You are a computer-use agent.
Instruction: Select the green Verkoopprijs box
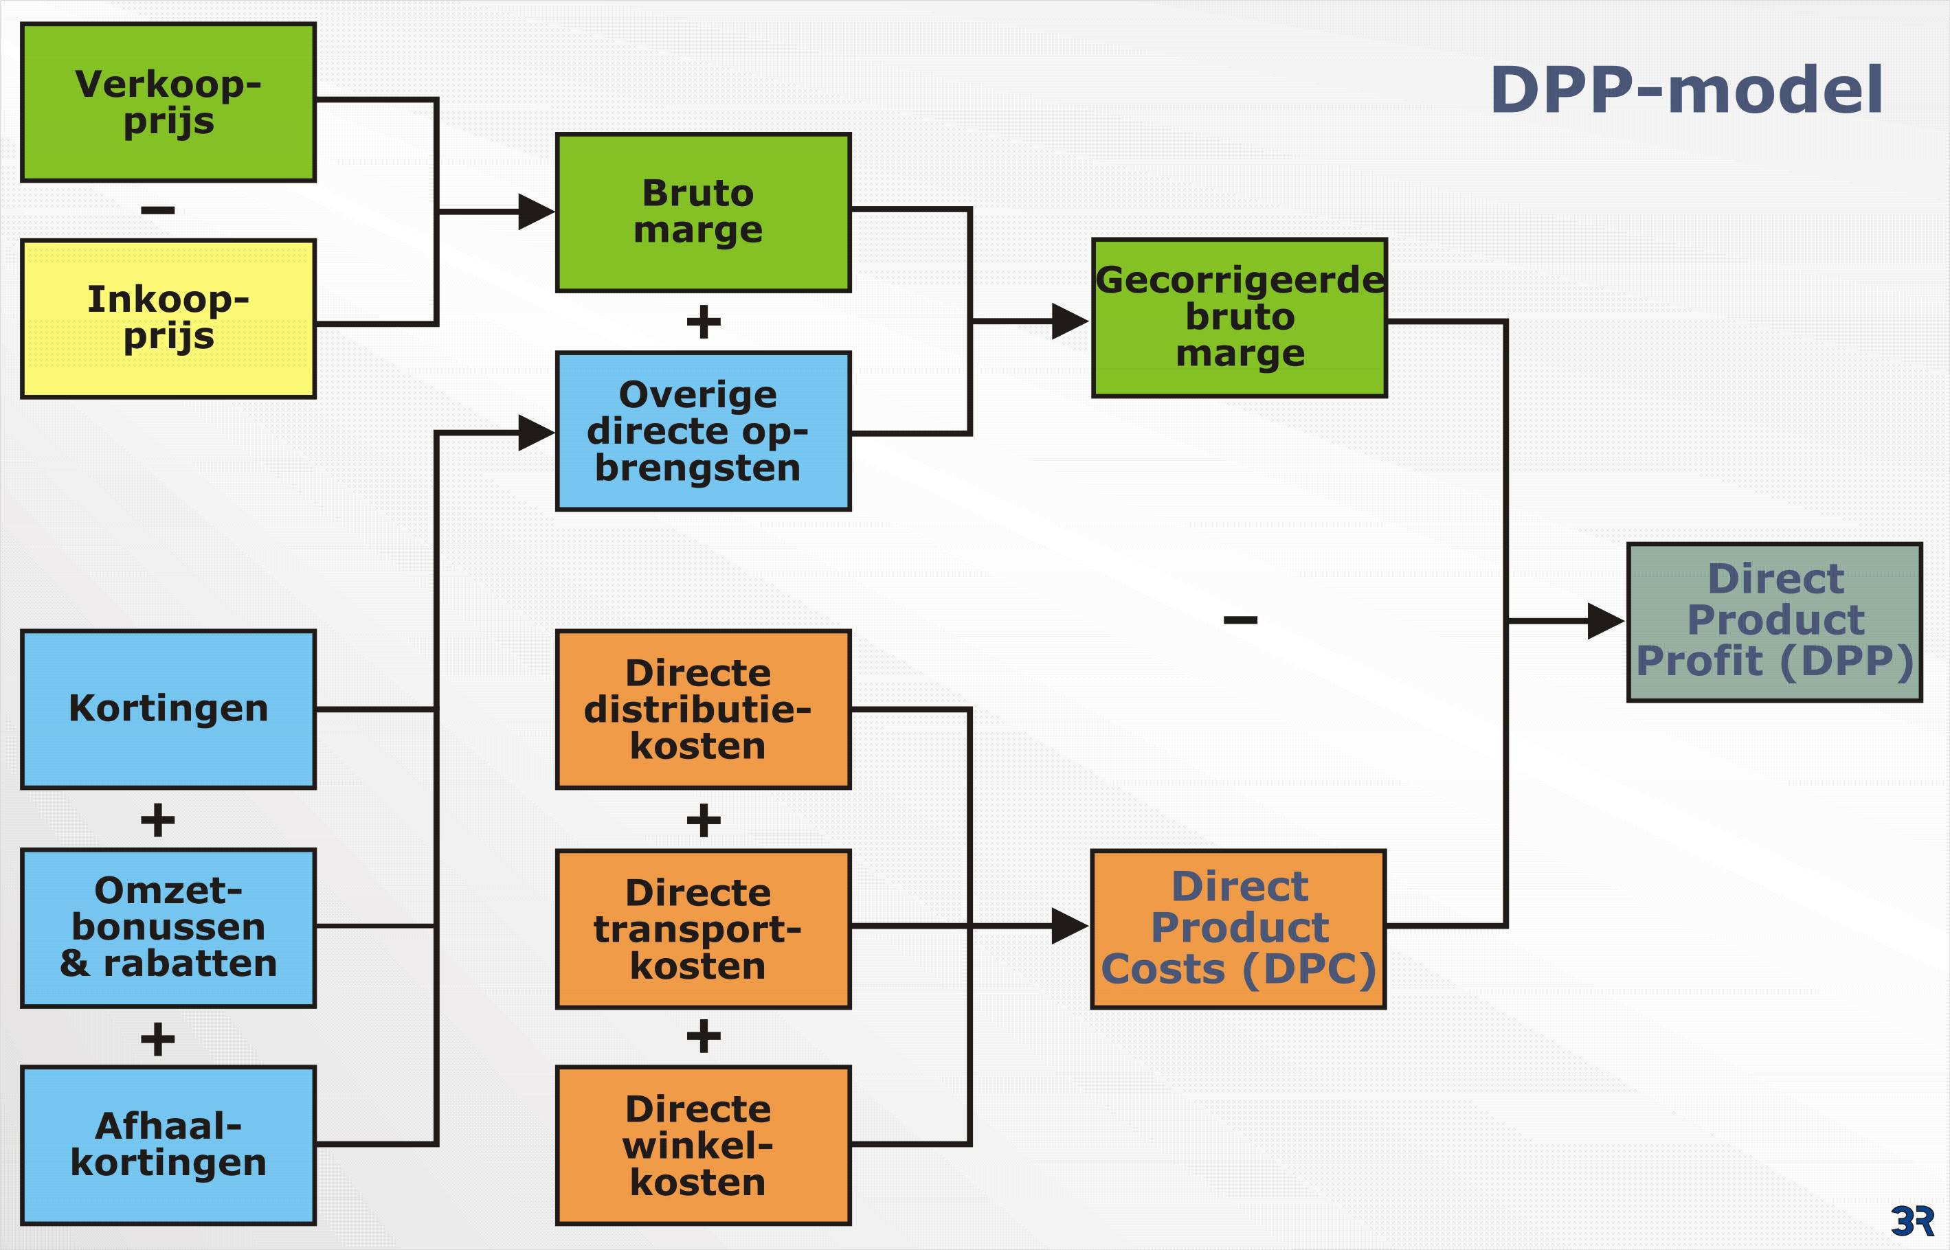[168, 102]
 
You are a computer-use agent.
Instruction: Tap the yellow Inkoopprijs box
[168, 318]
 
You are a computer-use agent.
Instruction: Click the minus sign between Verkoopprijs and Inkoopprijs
[157, 210]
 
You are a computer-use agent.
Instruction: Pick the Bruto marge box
[703, 213]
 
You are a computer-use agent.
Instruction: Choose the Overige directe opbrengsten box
[703, 431]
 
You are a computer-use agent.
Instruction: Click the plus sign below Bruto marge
[703, 321]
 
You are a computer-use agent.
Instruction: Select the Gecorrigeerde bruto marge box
[1239, 317]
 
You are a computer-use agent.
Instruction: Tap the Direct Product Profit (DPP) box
[1775, 622]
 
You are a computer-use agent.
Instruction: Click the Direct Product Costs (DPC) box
[1238, 929]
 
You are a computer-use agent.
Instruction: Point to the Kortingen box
[168, 709]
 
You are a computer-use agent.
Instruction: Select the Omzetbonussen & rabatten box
[168, 929]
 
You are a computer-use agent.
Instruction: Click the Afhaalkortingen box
[168, 1146]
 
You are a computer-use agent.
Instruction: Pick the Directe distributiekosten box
[703, 709]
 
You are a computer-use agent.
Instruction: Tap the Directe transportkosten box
[703, 929]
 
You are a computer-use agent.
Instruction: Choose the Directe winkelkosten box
[703, 1146]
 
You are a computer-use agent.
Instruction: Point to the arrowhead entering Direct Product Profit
[1605, 621]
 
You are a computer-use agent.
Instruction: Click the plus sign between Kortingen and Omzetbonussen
[157, 820]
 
